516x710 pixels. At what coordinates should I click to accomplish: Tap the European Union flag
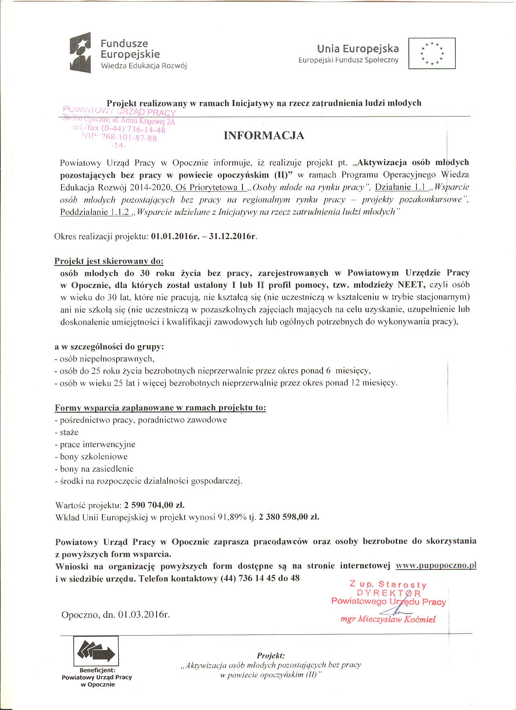pyautogui.click(x=432, y=53)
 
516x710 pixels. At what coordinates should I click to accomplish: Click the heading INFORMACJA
pyautogui.click(x=264, y=136)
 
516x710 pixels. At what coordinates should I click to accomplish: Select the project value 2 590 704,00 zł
pyautogui.click(x=154, y=505)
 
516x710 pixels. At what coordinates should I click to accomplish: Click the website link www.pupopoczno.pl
pyautogui.click(x=436, y=566)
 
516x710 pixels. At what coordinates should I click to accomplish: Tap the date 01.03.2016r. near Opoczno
pyautogui.click(x=144, y=615)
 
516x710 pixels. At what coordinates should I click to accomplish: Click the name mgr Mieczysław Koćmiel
pyautogui.click(x=388, y=619)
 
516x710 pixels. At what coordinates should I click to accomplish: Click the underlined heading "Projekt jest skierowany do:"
pyautogui.click(x=109, y=261)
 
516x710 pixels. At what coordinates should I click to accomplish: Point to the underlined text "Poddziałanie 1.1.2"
pyautogui.click(x=95, y=212)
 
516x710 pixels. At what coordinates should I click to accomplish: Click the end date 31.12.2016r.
pyautogui.click(x=233, y=236)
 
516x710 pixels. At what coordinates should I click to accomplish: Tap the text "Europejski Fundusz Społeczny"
pyautogui.click(x=348, y=60)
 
